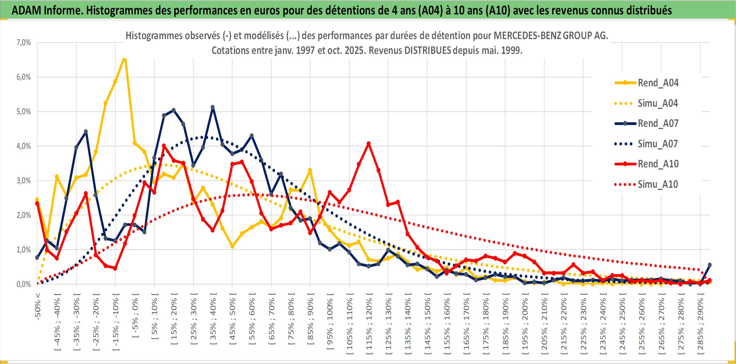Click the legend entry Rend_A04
coord(658,83)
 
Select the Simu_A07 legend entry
coord(658,144)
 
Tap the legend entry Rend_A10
coord(658,164)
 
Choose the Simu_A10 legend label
coord(658,184)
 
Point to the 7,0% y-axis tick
coord(24,43)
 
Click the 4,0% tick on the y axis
coord(24,146)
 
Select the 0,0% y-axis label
coord(24,284)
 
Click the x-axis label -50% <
coord(38,306)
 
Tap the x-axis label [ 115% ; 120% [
coord(369,324)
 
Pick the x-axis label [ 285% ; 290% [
coord(700,324)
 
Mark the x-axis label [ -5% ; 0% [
coord(135,315)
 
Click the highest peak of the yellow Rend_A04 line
coord(124,58)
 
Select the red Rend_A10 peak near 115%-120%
coord(368,144)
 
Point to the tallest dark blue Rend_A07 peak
coord(212,107)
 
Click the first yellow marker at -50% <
coord(37,200)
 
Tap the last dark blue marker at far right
coord(710,265)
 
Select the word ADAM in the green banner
coord(26,11)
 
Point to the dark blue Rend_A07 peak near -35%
coord(86,132)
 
